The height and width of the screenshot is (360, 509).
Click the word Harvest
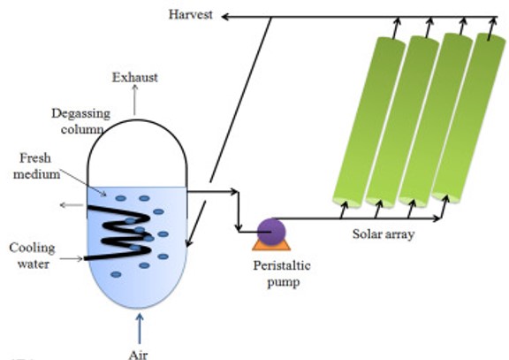coord(191,15)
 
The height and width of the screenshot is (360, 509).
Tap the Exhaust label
coord(135,77)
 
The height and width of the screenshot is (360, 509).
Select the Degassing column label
coord(81,121)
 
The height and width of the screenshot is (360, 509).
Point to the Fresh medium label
coord(36,166)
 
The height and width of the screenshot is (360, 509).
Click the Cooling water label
coord(33,256)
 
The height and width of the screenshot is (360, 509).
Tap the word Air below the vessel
coord(138,355)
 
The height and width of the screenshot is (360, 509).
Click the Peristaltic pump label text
coord(282,273)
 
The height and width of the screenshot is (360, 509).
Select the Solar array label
coord(384,234)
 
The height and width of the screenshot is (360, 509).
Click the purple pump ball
coord(271,232)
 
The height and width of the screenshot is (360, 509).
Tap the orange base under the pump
coord(271,246)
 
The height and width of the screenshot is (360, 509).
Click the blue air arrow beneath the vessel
coord(140,328)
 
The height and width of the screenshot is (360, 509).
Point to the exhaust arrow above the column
coord(134,100)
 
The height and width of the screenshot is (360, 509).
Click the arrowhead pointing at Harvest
coord(225,17)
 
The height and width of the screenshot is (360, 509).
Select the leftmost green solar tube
coord(369,122)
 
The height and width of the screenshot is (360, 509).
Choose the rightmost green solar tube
coord(468,118)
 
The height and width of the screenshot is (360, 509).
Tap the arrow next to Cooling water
coord(72,258)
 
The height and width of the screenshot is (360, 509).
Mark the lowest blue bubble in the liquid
coord(116,274)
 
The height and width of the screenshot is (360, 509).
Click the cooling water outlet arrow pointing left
coord(72,205)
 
